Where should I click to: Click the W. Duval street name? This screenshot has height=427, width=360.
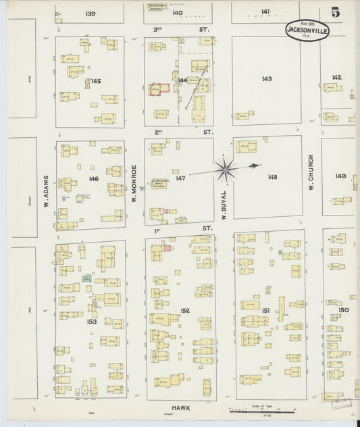tap(222, 206)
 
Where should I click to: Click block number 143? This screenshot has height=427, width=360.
tap(267, 79)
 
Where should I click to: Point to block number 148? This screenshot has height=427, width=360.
tap(272, 177)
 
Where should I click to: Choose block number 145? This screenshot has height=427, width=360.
tap(96, 81)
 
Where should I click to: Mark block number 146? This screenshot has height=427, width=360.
tap(93, 179)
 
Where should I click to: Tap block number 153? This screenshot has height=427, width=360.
tap(92, 322)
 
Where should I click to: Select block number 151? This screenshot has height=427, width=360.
tap(266, 310)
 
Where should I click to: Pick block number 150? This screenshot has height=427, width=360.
tap(343, 310)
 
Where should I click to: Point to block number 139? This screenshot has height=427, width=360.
tap(91, 13)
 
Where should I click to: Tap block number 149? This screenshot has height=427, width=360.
tap(340, 176)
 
